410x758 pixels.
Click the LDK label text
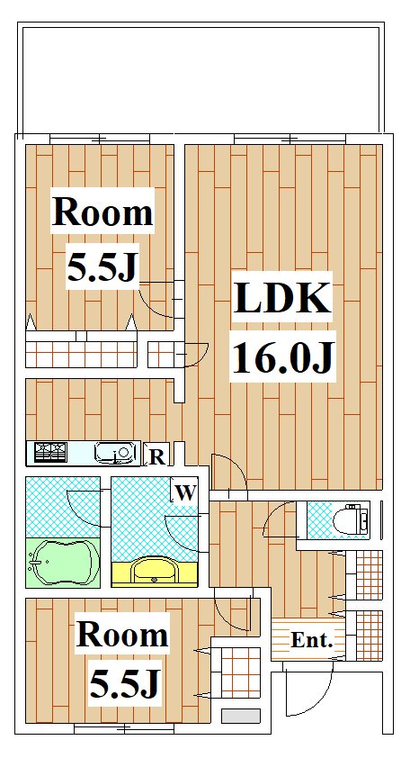282,300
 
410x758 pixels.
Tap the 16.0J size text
282,358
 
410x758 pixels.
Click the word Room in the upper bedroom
102,213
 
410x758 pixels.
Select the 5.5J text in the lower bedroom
124,686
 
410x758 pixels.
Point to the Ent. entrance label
312,642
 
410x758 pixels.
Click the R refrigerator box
156,456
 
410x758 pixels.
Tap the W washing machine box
184,492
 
